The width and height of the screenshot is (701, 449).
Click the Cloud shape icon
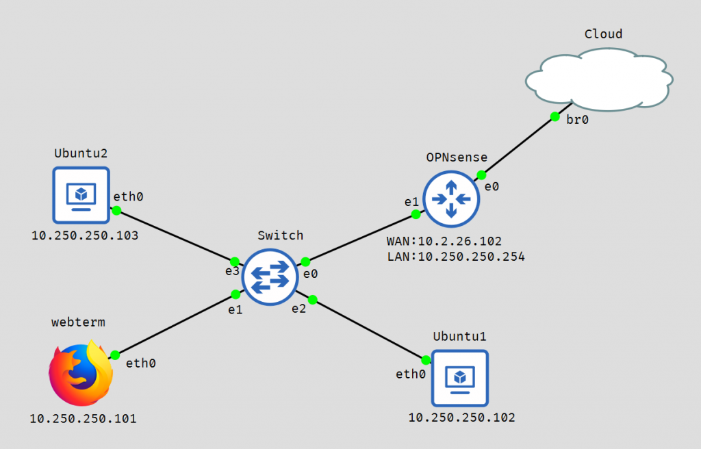click(x=599, y=79)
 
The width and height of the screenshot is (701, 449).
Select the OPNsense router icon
click(x=451, y=199)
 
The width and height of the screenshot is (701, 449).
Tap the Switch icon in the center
click(x=270, y=277)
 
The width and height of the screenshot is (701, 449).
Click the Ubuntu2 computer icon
click(x=81, y=195)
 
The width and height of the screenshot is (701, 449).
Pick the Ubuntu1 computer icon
click(x=459, y=379)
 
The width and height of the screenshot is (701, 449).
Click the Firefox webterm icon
click(x=81, y=373)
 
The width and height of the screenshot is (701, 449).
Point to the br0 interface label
click(x=577, y=120)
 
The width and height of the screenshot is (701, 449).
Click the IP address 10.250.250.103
click(x=85, y=235)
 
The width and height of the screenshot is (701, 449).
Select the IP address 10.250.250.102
click(x=462, y=418)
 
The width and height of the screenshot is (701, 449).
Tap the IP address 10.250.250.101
click(x=83, y=419)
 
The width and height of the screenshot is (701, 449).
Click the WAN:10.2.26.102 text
click(x=444, y=242)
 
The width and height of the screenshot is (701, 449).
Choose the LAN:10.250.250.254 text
click(x=456, y=257)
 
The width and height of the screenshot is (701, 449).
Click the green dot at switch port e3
click(x=235, y=261)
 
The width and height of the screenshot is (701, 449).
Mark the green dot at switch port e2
click(x=312, y=300)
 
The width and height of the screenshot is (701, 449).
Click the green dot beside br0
click(x=555, y=117)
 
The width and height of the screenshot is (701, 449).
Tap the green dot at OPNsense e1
click(x=416, y=215)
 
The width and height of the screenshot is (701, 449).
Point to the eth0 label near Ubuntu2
click(x=128, y=196)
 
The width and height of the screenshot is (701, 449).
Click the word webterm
click(x=78, y=322)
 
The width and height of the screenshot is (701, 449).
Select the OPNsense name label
click(x=457, y=157)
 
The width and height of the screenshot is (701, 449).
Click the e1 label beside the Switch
click(x=235, y=310)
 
